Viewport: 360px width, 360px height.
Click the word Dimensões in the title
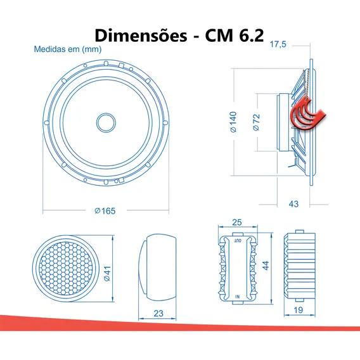(x=141, y=35)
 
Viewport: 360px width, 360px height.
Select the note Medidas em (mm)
(x=68, y=49)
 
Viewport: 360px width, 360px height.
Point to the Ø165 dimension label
(x=105, y=211)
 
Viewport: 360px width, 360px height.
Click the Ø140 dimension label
(x=233, y=122)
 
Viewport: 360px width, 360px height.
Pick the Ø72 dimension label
(x=256, y=122)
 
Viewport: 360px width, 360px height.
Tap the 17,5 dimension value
(x=278, y=44)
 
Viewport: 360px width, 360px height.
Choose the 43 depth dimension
(x=293, y=204)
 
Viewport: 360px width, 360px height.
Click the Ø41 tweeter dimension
(x=107, y=273)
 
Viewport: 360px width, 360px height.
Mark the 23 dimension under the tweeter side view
(x=158, y=313)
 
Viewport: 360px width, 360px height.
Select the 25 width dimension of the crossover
(x=236, y=222)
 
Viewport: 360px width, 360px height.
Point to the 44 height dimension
(x=266, y=266)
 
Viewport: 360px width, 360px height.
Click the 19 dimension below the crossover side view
(x=299, y=310)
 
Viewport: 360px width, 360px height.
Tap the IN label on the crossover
(x=238, y=297)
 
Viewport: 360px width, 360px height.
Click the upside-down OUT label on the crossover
(x=238, y=241)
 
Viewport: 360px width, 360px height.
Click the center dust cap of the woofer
(x=106, y=122)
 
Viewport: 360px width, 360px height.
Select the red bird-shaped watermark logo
(x=308, y=113)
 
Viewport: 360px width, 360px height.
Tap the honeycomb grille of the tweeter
(x=66, y=268)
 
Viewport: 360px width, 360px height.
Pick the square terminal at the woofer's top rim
(x=121, y=65)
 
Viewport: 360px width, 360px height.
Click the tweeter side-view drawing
(x=157, y=267)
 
